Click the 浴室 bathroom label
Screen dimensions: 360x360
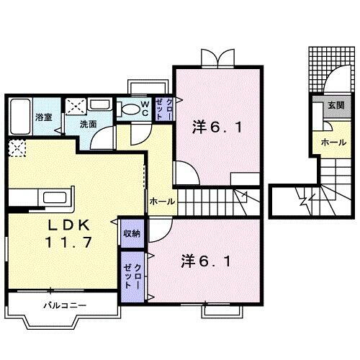(43, 117)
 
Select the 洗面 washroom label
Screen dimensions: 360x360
(89, 124)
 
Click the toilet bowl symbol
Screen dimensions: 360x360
(130, 110)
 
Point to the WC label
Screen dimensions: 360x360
(145, 108)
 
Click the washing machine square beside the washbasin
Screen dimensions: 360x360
(76, 106)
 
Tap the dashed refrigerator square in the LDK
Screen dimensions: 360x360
(16, 148)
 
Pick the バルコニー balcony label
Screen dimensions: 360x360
(64, 305)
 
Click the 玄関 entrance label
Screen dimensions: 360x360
(336, 105)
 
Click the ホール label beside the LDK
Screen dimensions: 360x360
(161, 202)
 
